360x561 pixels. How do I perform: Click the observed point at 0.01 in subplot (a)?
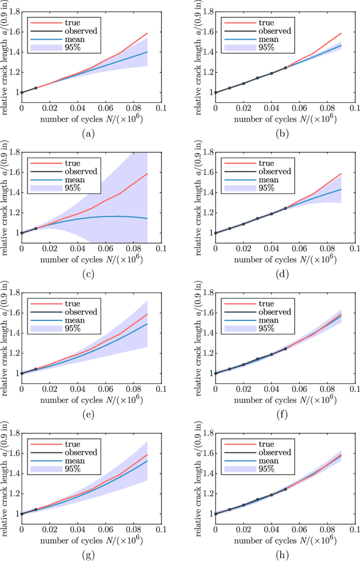35,88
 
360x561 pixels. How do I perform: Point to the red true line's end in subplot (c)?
147,174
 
